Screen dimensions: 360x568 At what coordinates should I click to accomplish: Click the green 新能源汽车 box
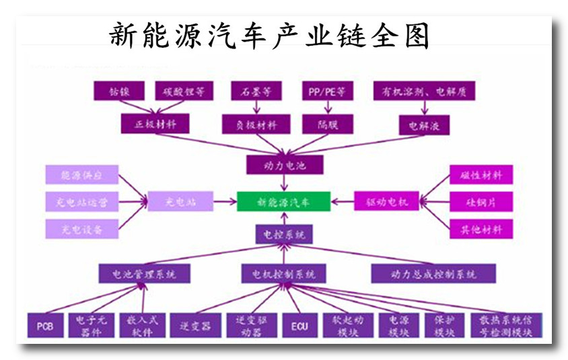(283, 201)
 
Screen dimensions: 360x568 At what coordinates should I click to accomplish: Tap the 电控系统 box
(284, 234)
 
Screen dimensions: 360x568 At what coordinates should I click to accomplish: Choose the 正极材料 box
(155, 123)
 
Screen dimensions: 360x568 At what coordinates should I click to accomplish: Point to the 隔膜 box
(326, 124)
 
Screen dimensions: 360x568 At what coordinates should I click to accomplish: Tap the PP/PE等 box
(326, 91)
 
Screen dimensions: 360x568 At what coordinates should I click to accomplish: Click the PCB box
(45, 326)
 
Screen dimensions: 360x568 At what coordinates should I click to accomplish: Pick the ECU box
(299, 326)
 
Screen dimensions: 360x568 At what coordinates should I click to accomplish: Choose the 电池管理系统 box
(144, 274)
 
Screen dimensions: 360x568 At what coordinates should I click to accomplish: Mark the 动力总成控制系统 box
(433, 274)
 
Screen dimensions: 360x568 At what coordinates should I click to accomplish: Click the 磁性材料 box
(481, 175)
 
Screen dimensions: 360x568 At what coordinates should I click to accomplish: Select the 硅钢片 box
(481, 201)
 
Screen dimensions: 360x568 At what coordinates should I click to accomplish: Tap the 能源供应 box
(82, 175)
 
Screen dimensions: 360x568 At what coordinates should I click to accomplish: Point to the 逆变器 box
(195, 326)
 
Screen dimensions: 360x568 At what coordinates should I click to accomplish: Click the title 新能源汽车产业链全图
(269, 35)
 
